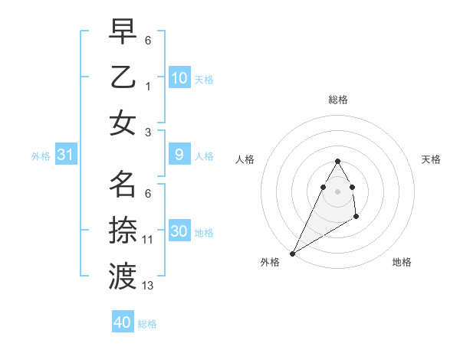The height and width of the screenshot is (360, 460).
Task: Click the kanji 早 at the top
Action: pyautogui.click(x=123, y=32)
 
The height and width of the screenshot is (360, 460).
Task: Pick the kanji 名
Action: pyautogui.click(x=123, y=184)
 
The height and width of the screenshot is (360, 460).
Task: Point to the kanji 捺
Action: pyautogui.click(x=123, y=230)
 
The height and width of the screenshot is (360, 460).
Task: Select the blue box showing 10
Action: pyautogui.click(x=179, y=78)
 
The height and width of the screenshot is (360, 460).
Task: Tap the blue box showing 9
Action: pyautogui.click(x=179, y=155)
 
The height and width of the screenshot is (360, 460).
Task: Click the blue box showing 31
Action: pyautogui.click(x=66, y=155)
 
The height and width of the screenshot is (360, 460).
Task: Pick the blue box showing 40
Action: pyautogui.click(x=123, y=322)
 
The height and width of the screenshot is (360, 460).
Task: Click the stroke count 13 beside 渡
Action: pyautogui.click(x=148, y=286)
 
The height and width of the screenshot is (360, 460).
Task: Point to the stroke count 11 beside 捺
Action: pyautogui.click(x=148, y=240)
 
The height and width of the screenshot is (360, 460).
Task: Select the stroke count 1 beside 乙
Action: pyautogui.click(x=148, y=86)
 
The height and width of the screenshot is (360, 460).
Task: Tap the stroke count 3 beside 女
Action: pyautogui.click(x=148, y=132)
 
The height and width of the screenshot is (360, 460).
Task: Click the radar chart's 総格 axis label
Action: pyautogui.click(x=338, y=100)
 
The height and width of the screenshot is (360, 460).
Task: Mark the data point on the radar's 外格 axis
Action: pyautogui.click(x=292, y=253)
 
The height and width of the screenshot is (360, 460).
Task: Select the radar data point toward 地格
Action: pyautogui.click(x=356, y=218)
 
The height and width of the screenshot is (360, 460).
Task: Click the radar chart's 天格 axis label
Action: pyautogui.click(x=432, y=159)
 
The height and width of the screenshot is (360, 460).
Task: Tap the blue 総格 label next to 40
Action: pyautogui.click(x=147, y=324)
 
